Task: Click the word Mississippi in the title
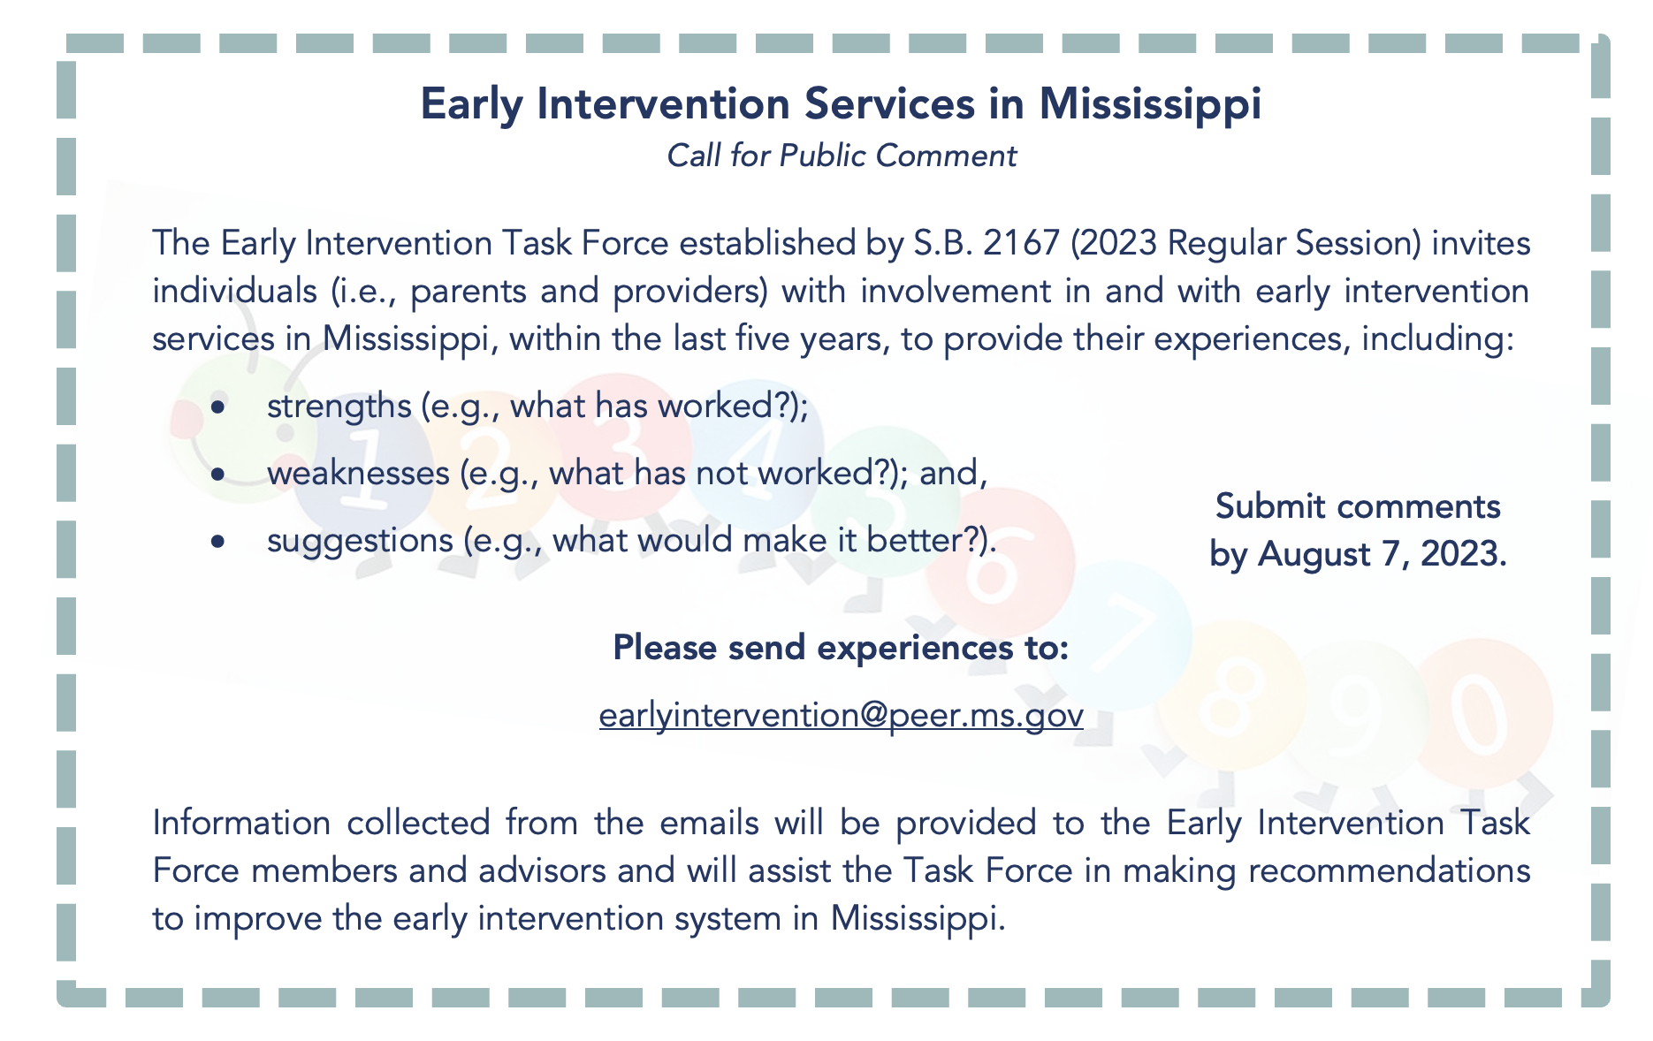click(x=1150, y=104)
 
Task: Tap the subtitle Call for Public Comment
click(x=842, y=156)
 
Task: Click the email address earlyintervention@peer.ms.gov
click(x=842, y=714)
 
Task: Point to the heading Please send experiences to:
click(x=842, y=648)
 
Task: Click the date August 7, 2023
click(x=1383, y=555)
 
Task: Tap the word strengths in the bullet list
click(x=339, y=407)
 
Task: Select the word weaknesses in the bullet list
click(x=358, y=473)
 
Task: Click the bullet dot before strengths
click(x=218, y=407)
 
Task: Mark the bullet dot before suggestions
click(x=218, y=542)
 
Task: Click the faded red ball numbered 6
click(x=1000, y=565)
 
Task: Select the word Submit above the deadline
click(x=1269, y=506)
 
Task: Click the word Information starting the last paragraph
click(x=241, y=823)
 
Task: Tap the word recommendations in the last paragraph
click(x=1389, y=870)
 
